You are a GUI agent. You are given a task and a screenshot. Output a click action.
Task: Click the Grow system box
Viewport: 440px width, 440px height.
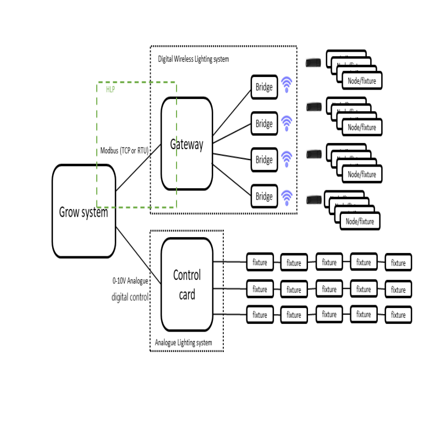[x=84, y=211]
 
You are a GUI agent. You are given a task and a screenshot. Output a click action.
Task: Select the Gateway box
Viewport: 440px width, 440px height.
[x=186, y=144]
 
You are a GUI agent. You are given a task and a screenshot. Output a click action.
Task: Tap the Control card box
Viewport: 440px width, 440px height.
[x=187, y=284]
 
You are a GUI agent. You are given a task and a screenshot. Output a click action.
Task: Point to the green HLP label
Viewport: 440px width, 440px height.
[x=110, y=89]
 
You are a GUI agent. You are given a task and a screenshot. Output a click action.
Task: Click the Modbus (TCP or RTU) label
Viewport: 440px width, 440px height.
[x=124, y=150]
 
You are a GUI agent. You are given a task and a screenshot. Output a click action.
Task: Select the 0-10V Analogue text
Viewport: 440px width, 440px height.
[x=130, y=280]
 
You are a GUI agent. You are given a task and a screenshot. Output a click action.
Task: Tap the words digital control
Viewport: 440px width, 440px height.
[x=130, y=298]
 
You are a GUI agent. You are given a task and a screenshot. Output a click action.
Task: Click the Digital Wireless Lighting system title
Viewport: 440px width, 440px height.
[x=193, y=59]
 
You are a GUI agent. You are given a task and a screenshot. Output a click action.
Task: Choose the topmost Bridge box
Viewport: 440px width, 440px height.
[x=264, y=87]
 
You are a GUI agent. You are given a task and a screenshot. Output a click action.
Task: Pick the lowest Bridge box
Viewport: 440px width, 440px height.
[x=264, y=196]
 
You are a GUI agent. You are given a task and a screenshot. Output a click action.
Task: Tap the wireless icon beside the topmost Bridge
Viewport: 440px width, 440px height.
[x=287, y=84]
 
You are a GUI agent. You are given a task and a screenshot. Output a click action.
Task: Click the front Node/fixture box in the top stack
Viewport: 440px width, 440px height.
[x=362, y=81]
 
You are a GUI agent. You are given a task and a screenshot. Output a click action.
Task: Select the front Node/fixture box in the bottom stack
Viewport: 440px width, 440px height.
[x=360, y=221]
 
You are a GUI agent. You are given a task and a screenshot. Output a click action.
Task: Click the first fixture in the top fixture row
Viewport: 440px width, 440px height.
[x=260, y=262]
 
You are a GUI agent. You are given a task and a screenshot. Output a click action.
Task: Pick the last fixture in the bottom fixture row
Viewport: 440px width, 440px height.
[x=398, y=315]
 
